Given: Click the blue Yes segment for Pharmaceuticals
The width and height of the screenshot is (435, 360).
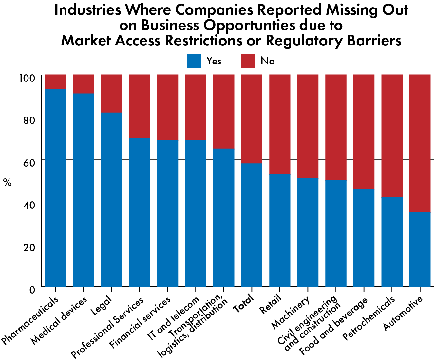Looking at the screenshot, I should [56, 188].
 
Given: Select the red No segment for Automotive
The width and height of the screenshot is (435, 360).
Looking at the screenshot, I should [420, 143].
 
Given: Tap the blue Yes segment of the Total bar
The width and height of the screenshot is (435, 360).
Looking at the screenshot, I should [252, 225].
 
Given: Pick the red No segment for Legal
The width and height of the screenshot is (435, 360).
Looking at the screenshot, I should [112, 93].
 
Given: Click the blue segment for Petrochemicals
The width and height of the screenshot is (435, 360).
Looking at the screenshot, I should [392, 242].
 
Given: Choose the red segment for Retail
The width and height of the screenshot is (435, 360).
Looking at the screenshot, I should [280, 124].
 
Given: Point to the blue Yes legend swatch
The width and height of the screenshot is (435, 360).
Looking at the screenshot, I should [194, 61].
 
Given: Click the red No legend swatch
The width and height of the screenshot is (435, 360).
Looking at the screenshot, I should [248, 61].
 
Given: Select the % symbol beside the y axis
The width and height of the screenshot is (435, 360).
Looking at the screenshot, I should [7, 182].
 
